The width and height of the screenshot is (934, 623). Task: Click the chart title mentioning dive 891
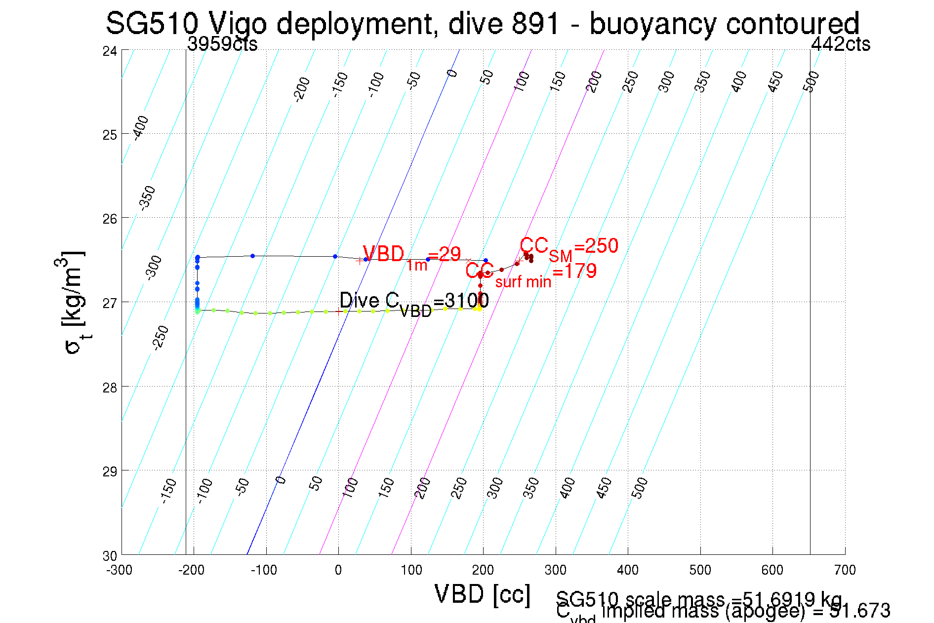pos(482,23)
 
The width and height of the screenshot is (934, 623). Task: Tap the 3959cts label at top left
pos(222,44)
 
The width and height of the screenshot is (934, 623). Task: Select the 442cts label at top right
pos(840,44)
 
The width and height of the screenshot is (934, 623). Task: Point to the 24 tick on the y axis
pos(110,51)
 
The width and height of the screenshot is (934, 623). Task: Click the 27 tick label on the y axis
pos(110,303)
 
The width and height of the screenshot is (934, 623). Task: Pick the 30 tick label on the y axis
pos(110,556)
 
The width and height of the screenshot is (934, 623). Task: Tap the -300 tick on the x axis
pos(120,570)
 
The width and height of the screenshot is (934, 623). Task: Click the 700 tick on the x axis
pos(845,570)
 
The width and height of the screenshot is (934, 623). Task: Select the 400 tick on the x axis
pos(628,570)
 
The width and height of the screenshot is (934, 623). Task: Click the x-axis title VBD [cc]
pos(483,594)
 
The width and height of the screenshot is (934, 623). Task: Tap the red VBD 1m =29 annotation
pos(411,257)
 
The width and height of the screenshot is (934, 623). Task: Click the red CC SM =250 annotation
pos(569,247)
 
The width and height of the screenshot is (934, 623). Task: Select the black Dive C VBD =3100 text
pos(414,302)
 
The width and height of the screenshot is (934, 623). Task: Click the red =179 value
pos(575,271)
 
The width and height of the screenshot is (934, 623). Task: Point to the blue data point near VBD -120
pos(252,256)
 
